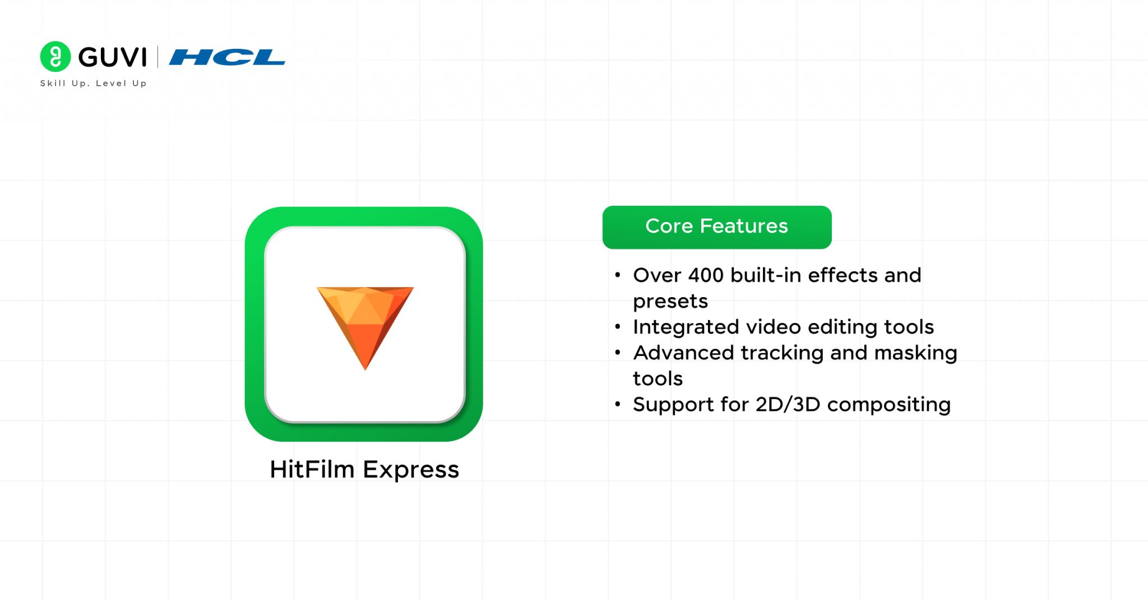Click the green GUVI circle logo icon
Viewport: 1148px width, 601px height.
55,57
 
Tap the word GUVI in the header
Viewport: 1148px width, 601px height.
113,57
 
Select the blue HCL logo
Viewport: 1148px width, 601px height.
227,57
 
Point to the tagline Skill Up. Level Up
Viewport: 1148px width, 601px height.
93,84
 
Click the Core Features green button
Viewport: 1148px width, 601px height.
716,226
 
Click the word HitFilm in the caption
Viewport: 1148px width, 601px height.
312,469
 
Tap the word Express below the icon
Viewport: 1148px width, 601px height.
411,470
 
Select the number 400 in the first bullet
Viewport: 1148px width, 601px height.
706,275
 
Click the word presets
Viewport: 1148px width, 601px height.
670,302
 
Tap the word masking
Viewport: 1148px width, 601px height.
915,353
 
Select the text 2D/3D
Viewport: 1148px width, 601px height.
788,404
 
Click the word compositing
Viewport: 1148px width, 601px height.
888,405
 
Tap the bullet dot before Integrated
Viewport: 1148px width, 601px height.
618,327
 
